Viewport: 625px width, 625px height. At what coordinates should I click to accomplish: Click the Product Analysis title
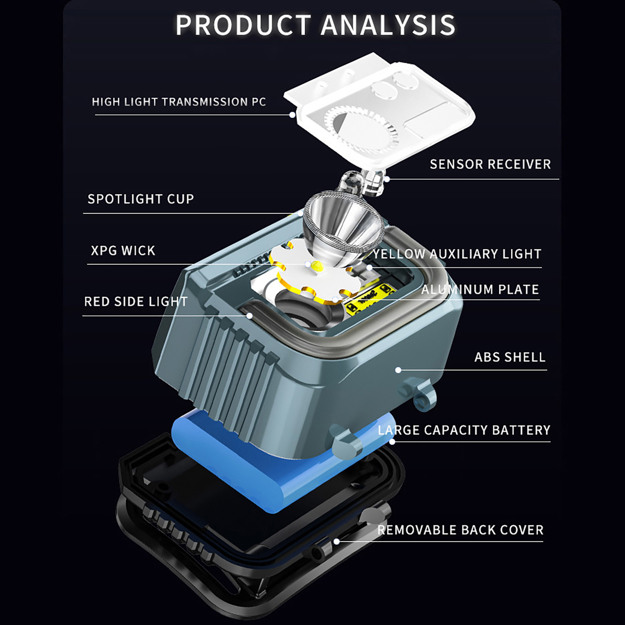pyautogui.click(x=315, y=25)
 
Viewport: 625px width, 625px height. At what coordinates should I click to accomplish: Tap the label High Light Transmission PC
pyautogui.click(x=179, y=102)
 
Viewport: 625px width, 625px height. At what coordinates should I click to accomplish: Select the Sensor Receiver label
pyautogui.click(x=490, y=164)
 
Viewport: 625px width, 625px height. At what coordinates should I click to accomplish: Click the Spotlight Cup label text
pyautogui.click(x=141, y=199)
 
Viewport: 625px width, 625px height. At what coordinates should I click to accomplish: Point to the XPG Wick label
pyautogui.click(x=123, y=250)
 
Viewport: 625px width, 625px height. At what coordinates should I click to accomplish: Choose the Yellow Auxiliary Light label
pyautogui.click(x=457, y=254)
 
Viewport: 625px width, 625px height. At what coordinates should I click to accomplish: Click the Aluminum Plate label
pyautogui.click(x=480, y=289)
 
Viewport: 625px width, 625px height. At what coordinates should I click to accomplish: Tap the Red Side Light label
pyautogui.click(x=136, y=302)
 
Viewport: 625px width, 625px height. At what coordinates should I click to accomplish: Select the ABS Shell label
pyautogui.click(x=510, y=357)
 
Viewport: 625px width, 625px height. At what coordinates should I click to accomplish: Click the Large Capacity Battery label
pyautogui.click(x=464, y=430)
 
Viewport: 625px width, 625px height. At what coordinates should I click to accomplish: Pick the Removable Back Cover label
pyautogui.click(x=460, y=530)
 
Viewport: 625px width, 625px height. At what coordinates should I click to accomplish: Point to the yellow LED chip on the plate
pyautogui.click(x=317, y=267)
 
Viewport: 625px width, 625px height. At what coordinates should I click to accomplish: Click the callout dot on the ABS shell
pyautogui.click(x=398, y=370)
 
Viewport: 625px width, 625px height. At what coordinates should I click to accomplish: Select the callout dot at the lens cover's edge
pyautogui.click(x=292, y=115)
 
